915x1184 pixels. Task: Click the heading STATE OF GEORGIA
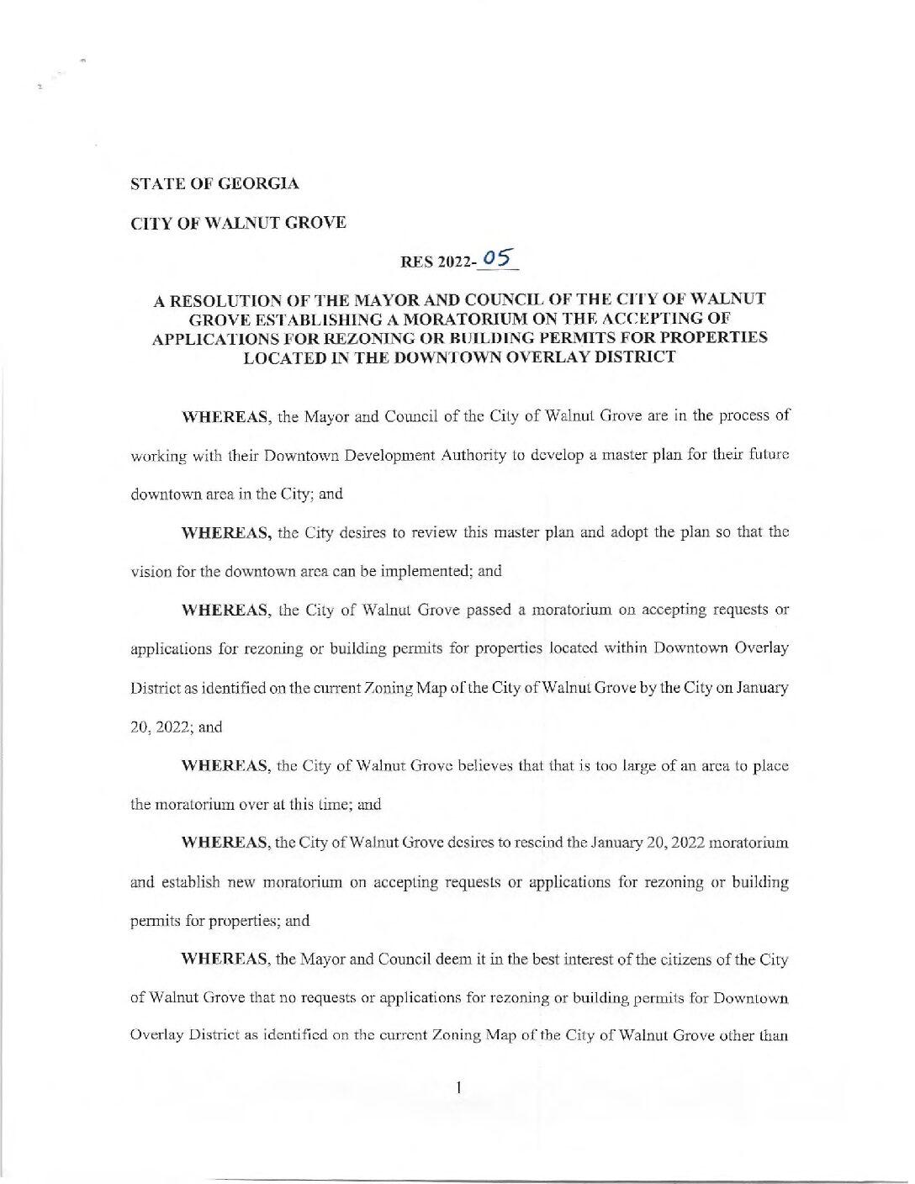[x=214, y=183]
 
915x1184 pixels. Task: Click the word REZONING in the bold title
[x=357, y=337]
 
